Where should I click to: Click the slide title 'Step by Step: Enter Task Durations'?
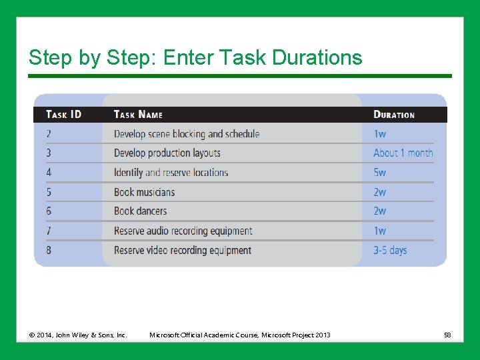[195, 58]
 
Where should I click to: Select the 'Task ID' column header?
[64, 115]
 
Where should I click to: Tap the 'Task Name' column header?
[138, 115]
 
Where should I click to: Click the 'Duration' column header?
[394, 115]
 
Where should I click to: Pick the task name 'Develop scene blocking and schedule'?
[187, 134]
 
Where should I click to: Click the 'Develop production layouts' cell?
[167, 153]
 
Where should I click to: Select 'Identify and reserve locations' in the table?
[171, 173]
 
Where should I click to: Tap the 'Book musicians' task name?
[144, 192]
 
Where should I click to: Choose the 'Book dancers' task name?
[140, 211]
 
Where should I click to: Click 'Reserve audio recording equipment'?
[183, 231]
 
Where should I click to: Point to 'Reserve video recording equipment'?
[183, 251]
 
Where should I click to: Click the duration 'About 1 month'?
[403, 153]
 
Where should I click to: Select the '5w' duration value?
[379, 173]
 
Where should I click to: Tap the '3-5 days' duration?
[390, 251]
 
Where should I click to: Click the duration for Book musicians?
[379, 192]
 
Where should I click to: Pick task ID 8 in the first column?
[49, 251]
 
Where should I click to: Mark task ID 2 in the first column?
[49, 134]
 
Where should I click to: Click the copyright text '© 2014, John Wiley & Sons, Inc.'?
[77, 335]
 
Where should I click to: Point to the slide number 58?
[447, 335]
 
